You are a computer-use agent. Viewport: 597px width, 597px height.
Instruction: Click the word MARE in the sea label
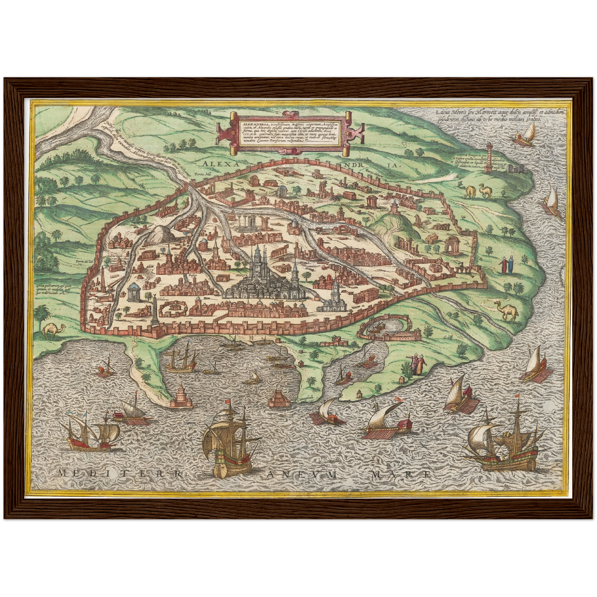401,474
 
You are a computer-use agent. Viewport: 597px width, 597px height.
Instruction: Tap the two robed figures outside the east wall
506,264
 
